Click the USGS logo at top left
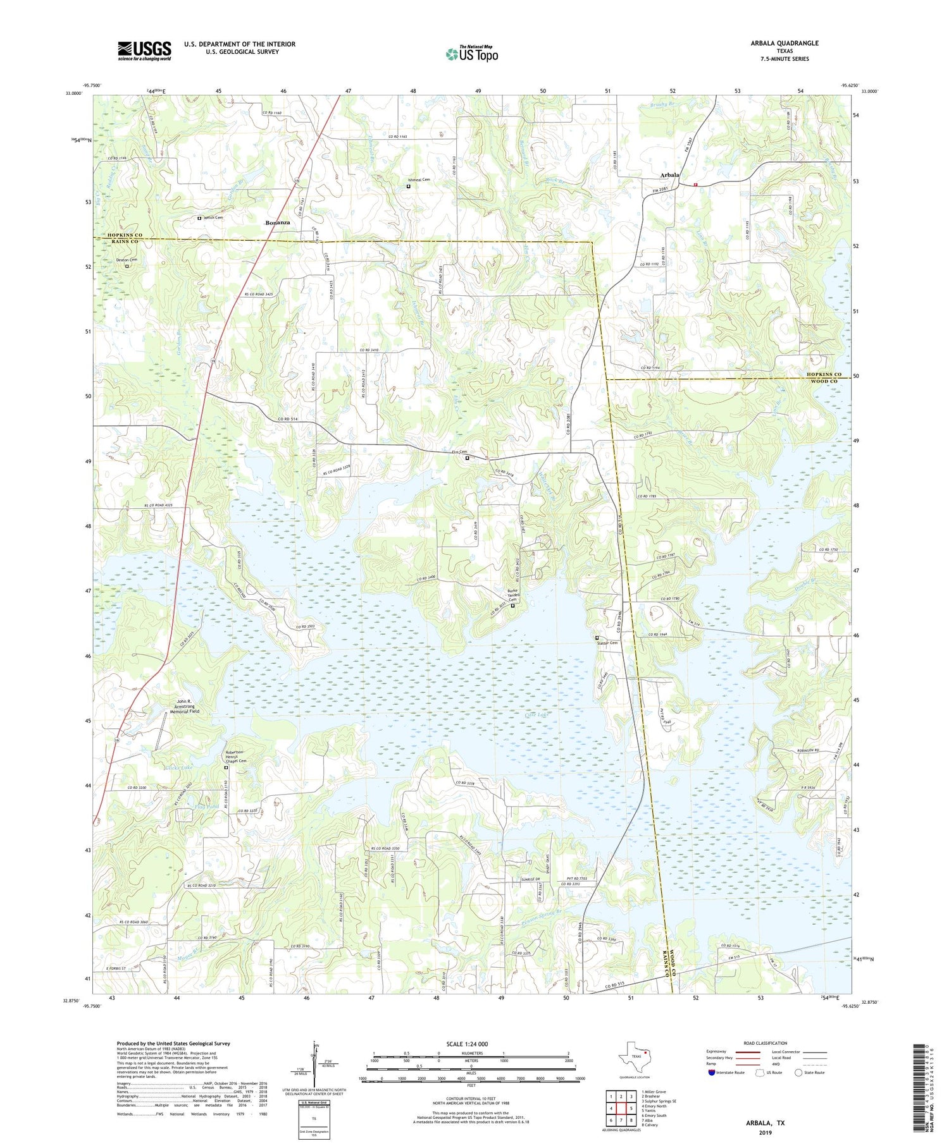click(x=144, y=51)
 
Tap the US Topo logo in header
click(x=471, y=54)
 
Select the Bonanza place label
click(x=278, y=223)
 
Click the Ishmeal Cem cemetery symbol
click(x=408, y=186)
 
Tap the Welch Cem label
click(x=213, y=217)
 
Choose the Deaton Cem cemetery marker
click(x=127, y=266)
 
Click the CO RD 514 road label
click(x=290, y=419)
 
